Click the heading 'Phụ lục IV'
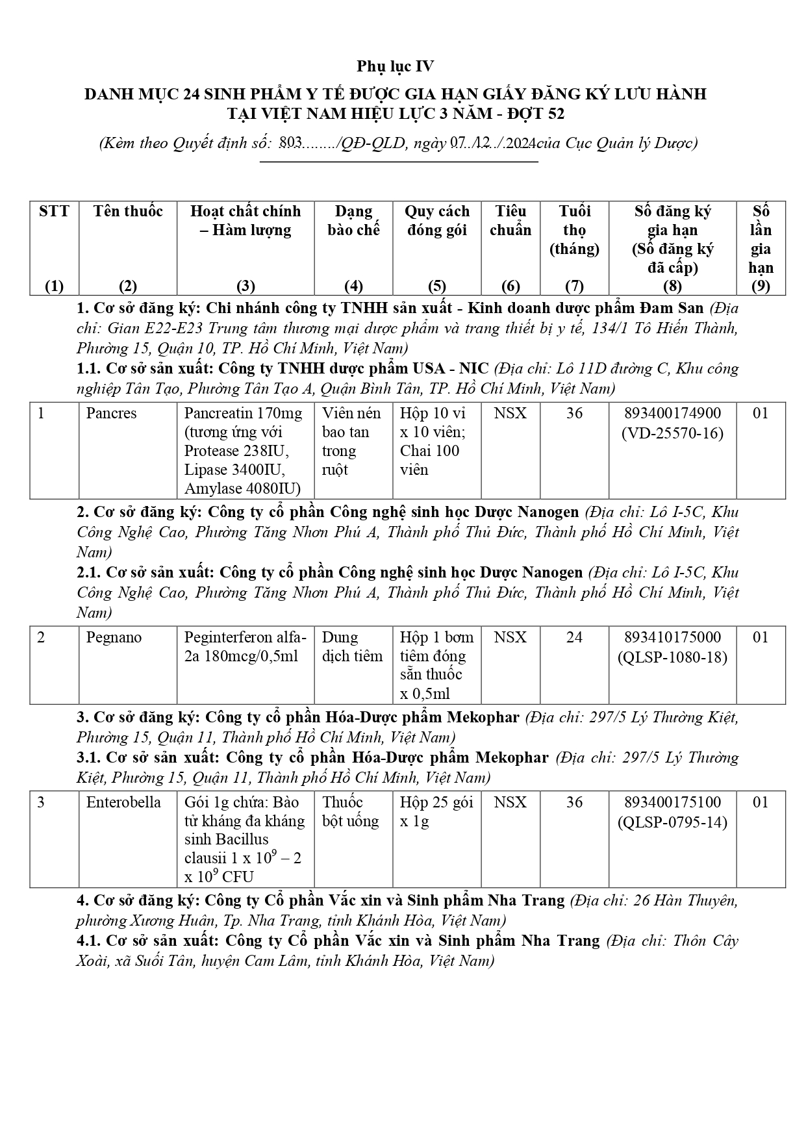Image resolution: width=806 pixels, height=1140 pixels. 395,66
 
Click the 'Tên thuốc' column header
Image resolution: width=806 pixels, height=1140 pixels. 128,212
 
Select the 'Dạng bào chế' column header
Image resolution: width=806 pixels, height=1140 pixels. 353,221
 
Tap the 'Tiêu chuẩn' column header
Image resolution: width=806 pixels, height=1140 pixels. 510,221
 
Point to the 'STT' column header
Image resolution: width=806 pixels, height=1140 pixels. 54,212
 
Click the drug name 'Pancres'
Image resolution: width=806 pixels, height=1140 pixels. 112,414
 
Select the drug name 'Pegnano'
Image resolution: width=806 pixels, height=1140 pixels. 114,637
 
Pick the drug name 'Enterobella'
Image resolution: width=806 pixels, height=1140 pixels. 123,802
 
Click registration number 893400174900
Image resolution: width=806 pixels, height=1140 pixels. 672,414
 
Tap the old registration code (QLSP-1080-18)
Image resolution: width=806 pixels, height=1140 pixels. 672,657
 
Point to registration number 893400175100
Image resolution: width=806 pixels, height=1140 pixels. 672,802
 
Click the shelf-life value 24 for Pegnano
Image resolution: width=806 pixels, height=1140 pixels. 574,637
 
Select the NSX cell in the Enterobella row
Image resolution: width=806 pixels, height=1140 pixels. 510,802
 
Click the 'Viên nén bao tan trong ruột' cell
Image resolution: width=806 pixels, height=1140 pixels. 352,441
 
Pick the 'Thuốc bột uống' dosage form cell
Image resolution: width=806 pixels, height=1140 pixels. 351,811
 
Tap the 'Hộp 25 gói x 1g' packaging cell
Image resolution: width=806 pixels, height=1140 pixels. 436,811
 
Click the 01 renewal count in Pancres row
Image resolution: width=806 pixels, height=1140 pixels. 760,414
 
